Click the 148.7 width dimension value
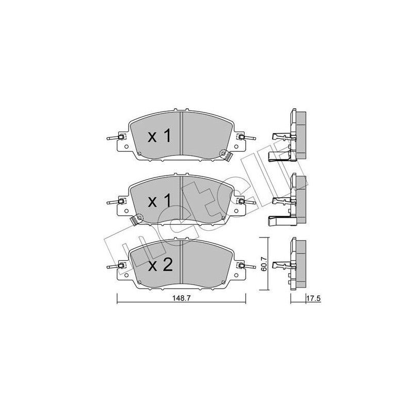181,298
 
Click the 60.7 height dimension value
264,264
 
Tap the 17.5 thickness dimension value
313,298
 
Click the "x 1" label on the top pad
160,136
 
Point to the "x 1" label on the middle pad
160,201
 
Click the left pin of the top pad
115,137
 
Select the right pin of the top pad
247,137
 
